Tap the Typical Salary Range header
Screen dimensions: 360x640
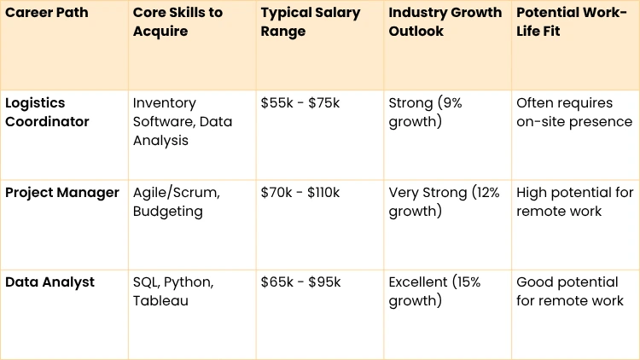tap(311, 22)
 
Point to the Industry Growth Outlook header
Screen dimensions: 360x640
tap(444, 22)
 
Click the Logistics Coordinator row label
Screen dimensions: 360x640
tap(48, 112)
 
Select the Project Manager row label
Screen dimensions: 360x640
tap(62, 193)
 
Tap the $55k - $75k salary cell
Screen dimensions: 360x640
tap(300, 103)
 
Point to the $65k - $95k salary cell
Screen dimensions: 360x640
tap(300, 282)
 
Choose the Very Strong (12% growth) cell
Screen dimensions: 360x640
tap(444, 202)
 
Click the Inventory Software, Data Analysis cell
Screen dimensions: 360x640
tap(183, 121)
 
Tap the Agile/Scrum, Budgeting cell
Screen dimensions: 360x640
tap(176, 202)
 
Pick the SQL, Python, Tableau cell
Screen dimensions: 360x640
tap(173, 291)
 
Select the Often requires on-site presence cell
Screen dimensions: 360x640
tap(574, 112)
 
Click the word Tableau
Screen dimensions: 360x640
tap(156, 300)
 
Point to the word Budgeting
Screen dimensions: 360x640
tap(167, 211)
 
